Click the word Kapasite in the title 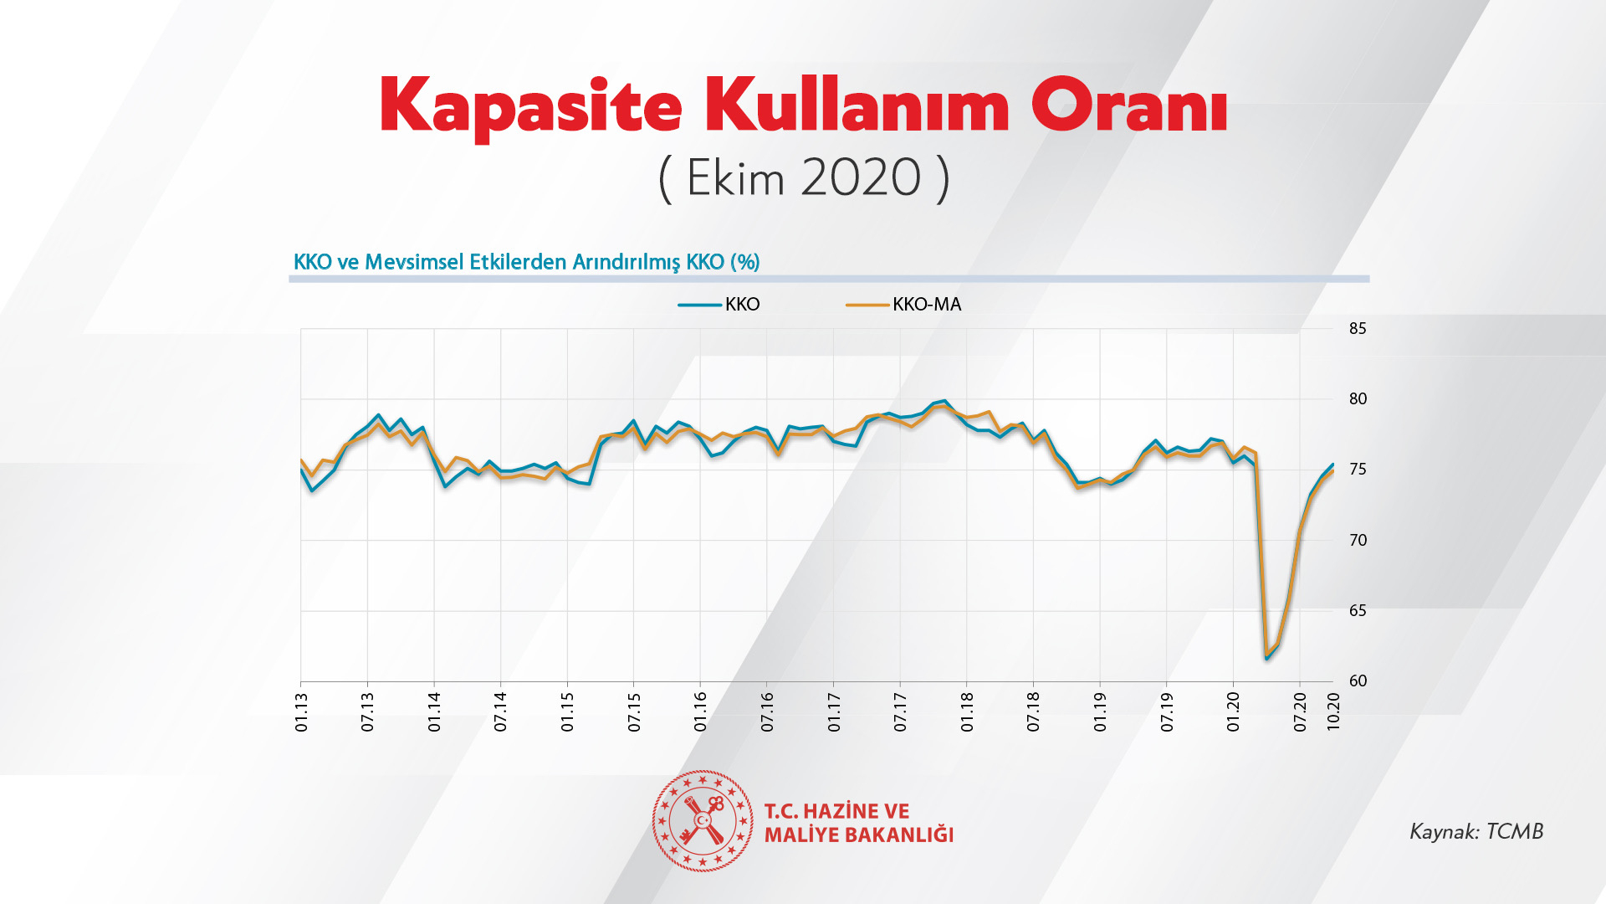(x=530, y=107)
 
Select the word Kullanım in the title (x=857, y=105)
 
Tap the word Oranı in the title (x=1128, y=105)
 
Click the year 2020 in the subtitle (x=861, y=177)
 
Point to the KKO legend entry (x=741, y=305)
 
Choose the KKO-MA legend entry (x=926, y=305)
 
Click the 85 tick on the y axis (x=1357, y=329)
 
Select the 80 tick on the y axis (x=1357, y=399)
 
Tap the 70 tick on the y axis (x=1357, y=541)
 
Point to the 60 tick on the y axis (x=1357, y=681)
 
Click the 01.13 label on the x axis (x=302, y=712)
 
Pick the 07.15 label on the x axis (x=635, y=712)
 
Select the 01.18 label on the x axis (x=968, y=712)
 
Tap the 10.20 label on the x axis (x=1334, y=712)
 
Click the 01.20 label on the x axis (x=1234, y=712)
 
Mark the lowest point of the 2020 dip (x=1267, y=658)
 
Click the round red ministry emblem (x=703, y=821)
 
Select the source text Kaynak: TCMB (x=1476, y=831)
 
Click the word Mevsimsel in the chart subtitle (x=414, y=262)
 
